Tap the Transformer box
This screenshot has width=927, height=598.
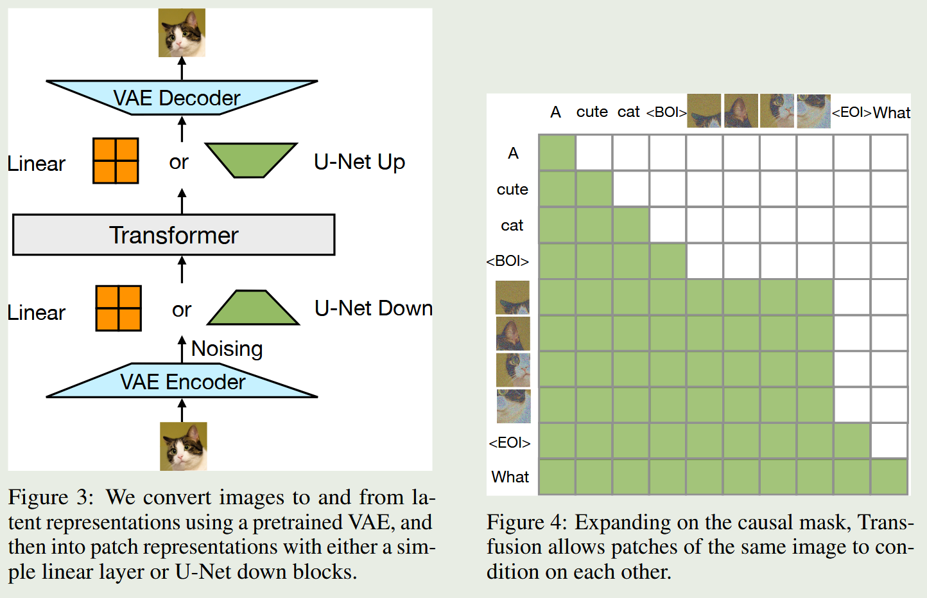pyautogui.click(x=173, y=235)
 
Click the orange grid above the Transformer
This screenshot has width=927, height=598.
pyautogui.click(x=116, y=161)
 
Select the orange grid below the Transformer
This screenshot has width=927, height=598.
pyautogui.click(x=118, y=308)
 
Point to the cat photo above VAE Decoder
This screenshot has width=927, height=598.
pyautogui.click(x=182, y=32)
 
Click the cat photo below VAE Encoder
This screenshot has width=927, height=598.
pyautogui.click(x=183, y=446)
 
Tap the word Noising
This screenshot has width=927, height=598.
pyautogui.click(x=227, y=349)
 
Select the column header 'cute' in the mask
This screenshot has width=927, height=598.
pyautogui.click(x=592, y=112)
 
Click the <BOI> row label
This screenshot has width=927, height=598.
pyautogui.click(x=508, y=261)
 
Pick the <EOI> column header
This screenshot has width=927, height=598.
pyautogui.click(x=851, y=112)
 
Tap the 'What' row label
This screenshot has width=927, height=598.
pyautogui.click(x=510, y=477)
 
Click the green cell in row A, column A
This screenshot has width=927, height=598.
pyautogui.click(x=557, y=153)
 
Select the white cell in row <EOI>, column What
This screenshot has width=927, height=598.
pyautogui.click(x=889, y=441)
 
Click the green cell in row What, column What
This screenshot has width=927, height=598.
pyautogui.click(x=889, y=477)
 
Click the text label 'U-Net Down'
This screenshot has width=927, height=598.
pyautogui.click(x=374, y=308)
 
